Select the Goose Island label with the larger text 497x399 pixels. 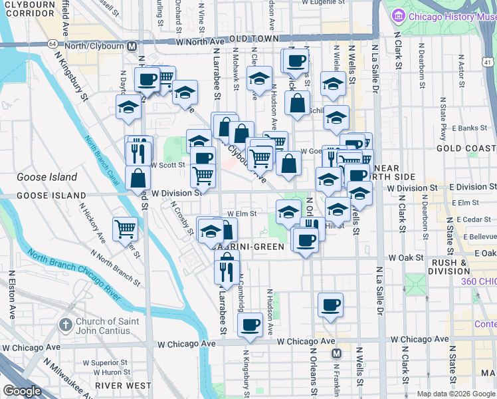[x=49, y=178]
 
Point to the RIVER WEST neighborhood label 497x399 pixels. [x=119, y=385]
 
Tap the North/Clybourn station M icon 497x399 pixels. [x=132, y=46]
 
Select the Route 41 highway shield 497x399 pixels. [x=487, y=62]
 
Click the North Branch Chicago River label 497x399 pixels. [x=73, y=265]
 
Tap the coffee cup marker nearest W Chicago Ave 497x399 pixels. [x=250, y=325]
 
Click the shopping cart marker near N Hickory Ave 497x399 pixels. [x=125, y=229]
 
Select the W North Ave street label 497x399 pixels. [x=200, y=42]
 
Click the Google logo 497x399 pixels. [x=22, y=391]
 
